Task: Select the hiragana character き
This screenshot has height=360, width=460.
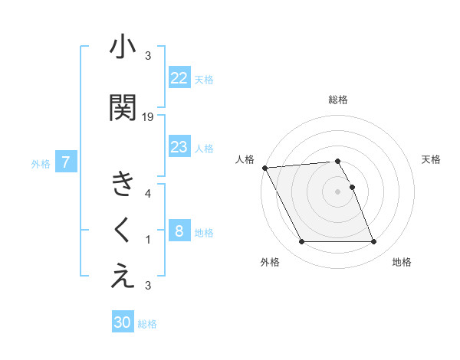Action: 123,185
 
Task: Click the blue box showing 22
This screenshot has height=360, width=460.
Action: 179,78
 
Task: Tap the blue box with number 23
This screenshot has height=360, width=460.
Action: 179,147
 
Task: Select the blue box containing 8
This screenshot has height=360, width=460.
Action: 179,231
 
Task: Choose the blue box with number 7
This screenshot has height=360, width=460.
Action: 67,162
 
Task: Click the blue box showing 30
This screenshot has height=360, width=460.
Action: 123,322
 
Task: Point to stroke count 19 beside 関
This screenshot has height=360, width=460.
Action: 148,116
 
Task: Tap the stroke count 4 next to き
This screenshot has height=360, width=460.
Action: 148,194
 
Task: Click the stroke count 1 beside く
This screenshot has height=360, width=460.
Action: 148,240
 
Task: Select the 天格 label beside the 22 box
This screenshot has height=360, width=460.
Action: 204,79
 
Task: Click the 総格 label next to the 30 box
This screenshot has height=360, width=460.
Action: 147,324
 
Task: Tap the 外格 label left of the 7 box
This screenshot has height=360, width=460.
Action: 41,163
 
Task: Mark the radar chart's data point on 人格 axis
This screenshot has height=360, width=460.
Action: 264,168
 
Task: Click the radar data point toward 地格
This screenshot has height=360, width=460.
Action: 373,242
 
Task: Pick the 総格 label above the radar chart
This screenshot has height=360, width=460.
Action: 338,100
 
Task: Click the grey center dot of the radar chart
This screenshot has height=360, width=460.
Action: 337,191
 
